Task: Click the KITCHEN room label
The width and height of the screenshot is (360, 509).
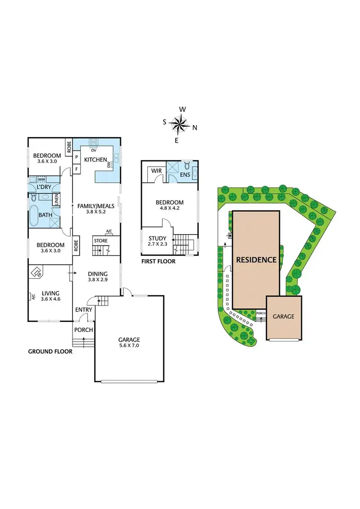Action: pos(96,160)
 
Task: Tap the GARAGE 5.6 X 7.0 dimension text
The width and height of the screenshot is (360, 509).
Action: pos(129,345)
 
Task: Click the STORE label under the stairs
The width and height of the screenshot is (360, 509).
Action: pos(101,240)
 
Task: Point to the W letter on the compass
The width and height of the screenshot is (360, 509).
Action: pos(182,109)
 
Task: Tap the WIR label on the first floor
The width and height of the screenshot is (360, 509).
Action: pos(156,171)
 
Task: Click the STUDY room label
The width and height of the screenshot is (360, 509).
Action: pos(157,238)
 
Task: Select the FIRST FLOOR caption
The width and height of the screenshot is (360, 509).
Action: pos(158,261)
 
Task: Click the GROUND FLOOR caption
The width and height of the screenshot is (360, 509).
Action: pos(50,352)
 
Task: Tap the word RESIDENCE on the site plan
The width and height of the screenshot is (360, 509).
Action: pos(256,260)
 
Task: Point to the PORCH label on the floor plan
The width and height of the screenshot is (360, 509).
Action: pos(84,330)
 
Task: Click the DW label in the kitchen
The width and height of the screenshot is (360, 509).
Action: pos(110,165)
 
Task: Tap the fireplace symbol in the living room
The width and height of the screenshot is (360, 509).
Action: pos(35,273)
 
